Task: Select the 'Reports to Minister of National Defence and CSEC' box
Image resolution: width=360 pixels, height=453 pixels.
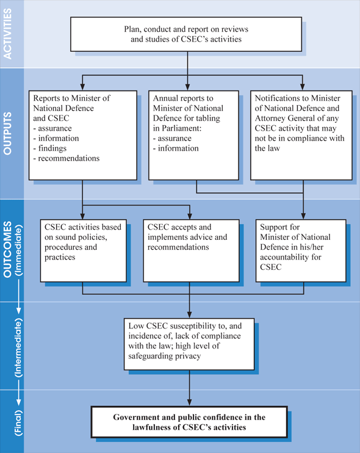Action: [81, 134]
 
